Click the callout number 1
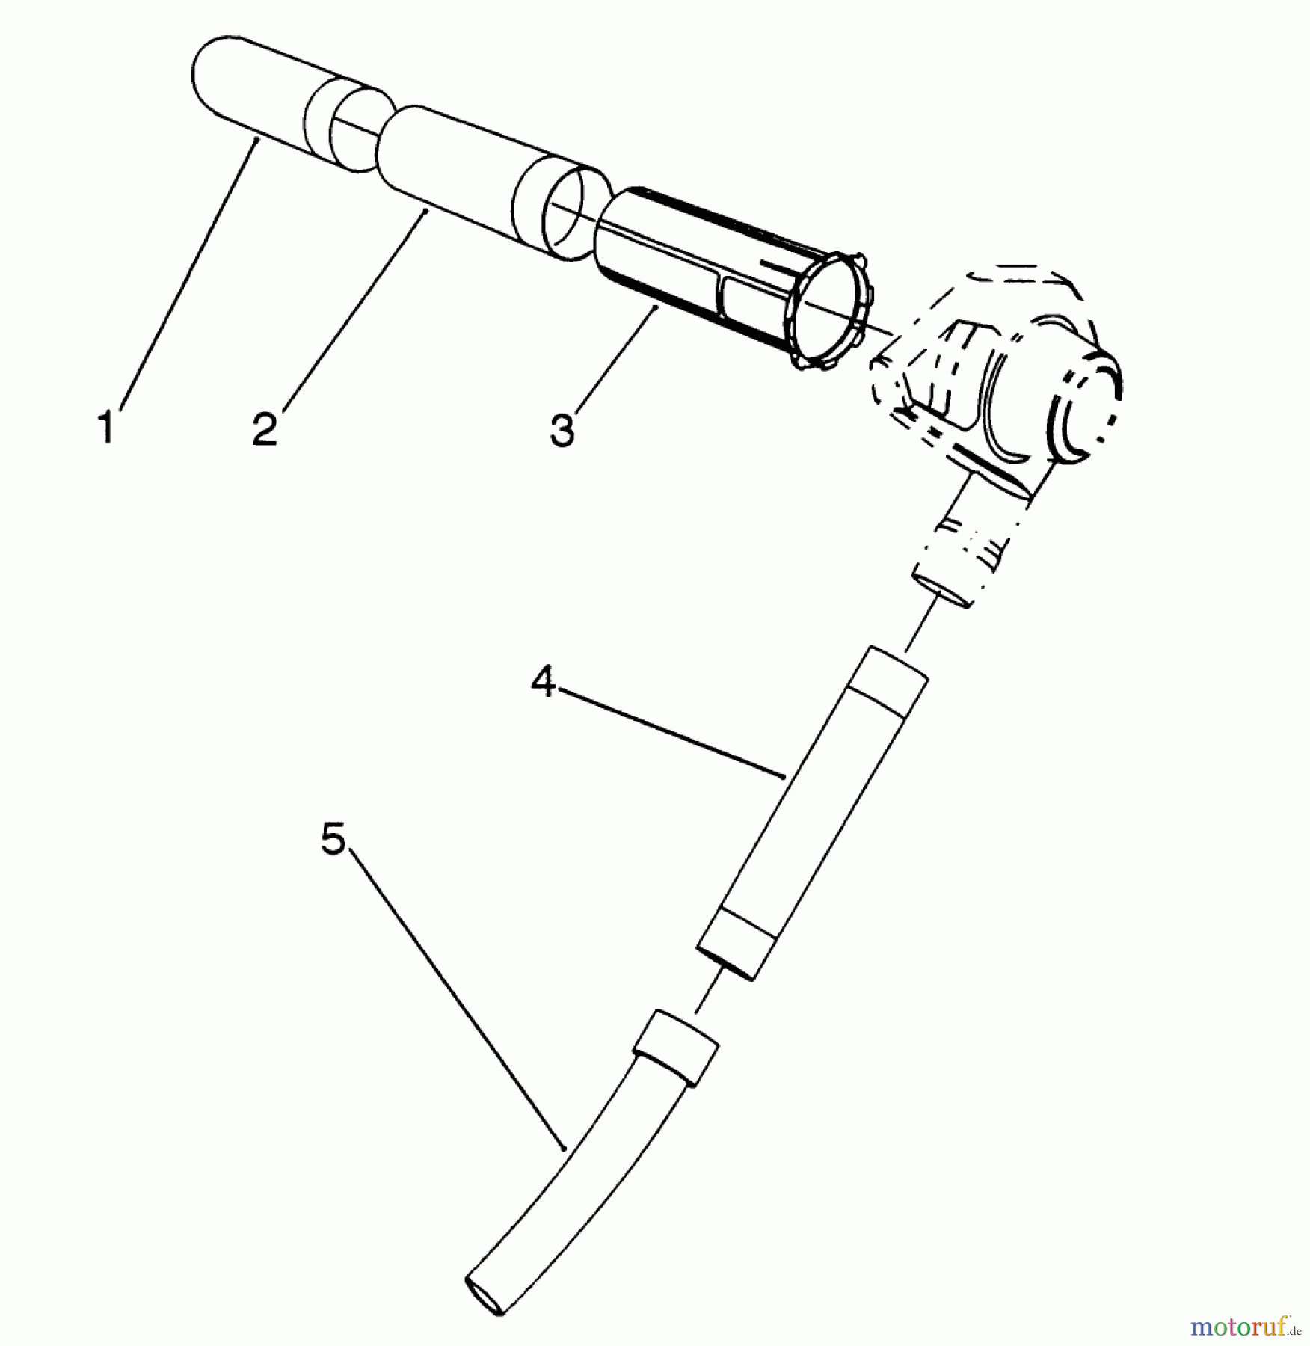[x=106, y=427]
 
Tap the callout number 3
[x=562, y=431]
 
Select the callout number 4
[x=543, y=682]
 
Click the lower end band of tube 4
[x=737, y=943]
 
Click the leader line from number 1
[x=186, y=271]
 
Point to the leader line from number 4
[x=670, y=733]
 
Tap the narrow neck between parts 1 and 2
[x=358, y=135]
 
